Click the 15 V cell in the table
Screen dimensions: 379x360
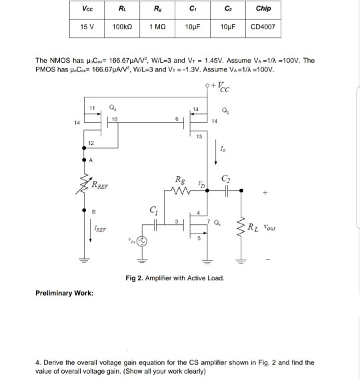(x=87, y=29)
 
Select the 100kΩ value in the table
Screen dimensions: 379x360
(x=121, y=29)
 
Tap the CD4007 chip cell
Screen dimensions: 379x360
(x=267, y=29)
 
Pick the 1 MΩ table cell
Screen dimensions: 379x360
(x=158, y=29)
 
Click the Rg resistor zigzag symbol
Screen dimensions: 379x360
(x=181, y=190)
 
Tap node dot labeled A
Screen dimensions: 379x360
(x=84, y=160)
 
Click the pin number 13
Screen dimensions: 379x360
(x=199, y=136)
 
